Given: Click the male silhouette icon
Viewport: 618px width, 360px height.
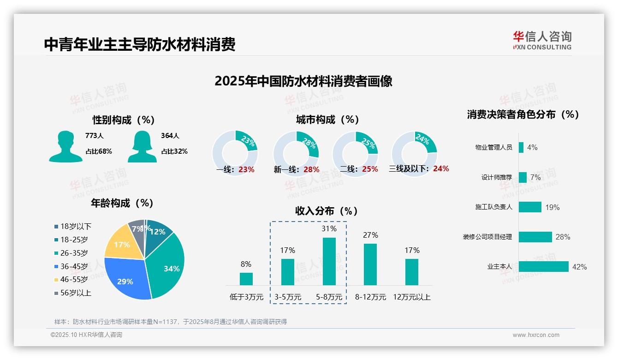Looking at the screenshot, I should [65, 146].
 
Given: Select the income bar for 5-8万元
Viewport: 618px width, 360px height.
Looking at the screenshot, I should [329, 261].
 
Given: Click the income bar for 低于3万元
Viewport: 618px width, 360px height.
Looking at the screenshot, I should [246, 279].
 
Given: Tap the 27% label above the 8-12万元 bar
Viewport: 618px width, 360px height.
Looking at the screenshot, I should [370, 235].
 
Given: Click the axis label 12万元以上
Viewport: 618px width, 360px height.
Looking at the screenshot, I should [411, 297].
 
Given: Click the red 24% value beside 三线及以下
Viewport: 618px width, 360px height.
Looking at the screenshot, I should [441, 169].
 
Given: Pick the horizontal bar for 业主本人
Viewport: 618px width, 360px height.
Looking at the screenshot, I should [543, 267].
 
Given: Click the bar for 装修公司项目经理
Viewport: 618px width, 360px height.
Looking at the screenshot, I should [535, 237].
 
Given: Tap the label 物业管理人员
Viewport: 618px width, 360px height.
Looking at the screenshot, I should [493, 148].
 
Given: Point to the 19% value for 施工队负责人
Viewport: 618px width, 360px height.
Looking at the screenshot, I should [552, 207].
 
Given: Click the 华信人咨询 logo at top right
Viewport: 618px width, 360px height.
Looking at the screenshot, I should [542, 40].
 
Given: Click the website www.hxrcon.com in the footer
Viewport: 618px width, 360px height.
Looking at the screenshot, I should [536, 335].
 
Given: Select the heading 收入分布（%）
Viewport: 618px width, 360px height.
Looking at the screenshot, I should [327, 211].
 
